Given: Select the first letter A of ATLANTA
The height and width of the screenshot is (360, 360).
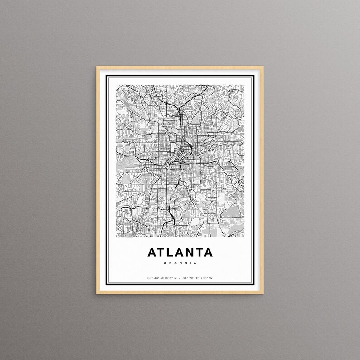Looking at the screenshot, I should [x=152, y=252].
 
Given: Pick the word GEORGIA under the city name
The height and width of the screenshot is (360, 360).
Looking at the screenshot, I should [x=180, y=263].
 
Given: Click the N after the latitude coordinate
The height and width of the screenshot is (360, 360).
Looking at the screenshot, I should [x=175, y=278].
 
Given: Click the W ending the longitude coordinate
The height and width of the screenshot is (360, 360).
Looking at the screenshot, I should [x=211, y=278].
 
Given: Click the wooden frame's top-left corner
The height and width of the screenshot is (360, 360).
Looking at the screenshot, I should [x=97, y=67].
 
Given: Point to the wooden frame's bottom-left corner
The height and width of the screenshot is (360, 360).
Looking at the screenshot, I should [x=97, y=294].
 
